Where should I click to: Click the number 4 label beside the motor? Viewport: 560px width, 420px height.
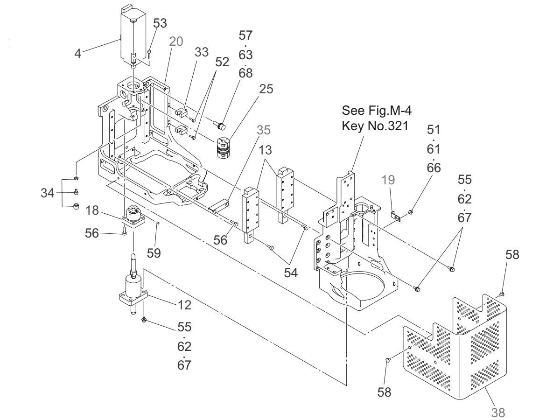coord(78,53)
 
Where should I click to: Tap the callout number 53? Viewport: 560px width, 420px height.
coord(161,24)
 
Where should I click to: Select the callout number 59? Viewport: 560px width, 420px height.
coord(154,252)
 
